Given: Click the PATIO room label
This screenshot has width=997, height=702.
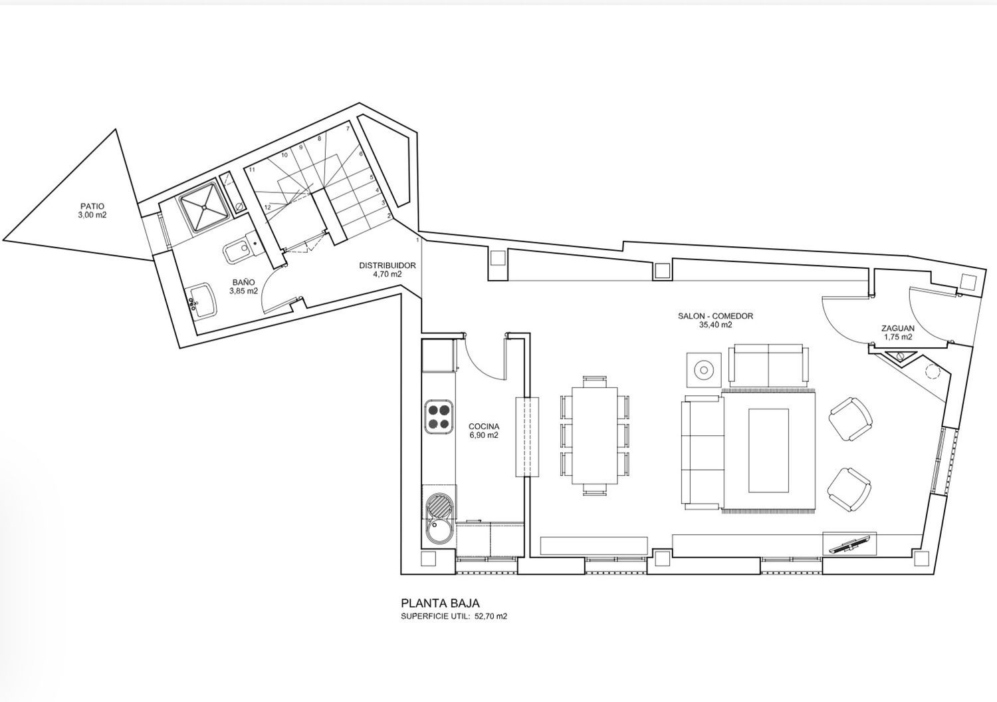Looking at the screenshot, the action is point(92,206).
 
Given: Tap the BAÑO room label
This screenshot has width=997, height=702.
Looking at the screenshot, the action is point(243,282).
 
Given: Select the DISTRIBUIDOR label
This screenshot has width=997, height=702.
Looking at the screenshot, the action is point(388,265).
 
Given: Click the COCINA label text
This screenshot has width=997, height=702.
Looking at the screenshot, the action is point(484,427).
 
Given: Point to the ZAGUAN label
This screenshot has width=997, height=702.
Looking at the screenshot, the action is point(898,329).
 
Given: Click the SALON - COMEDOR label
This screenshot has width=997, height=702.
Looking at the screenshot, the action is point(715,316).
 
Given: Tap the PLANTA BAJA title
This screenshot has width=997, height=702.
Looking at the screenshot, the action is point(440,604).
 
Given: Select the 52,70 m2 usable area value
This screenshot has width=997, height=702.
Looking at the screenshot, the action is point(490,617).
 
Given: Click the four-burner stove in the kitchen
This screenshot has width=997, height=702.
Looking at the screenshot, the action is point(439,417).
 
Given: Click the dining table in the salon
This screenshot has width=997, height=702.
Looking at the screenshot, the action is point(595,436).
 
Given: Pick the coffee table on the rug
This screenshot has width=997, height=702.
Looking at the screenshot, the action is point(768,450).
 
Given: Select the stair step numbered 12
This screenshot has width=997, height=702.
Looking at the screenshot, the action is point(267,207).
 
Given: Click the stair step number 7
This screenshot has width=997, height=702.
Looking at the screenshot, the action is point(348,128).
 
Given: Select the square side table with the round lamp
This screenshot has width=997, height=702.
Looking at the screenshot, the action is point(704,370).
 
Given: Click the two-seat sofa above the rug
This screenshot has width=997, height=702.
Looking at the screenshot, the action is point(768,365).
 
